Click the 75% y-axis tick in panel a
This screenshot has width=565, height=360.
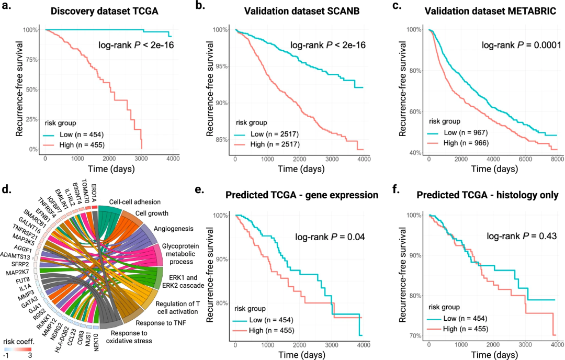(x=31, y=59)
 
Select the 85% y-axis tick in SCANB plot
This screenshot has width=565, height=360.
(x=223, y=139)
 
